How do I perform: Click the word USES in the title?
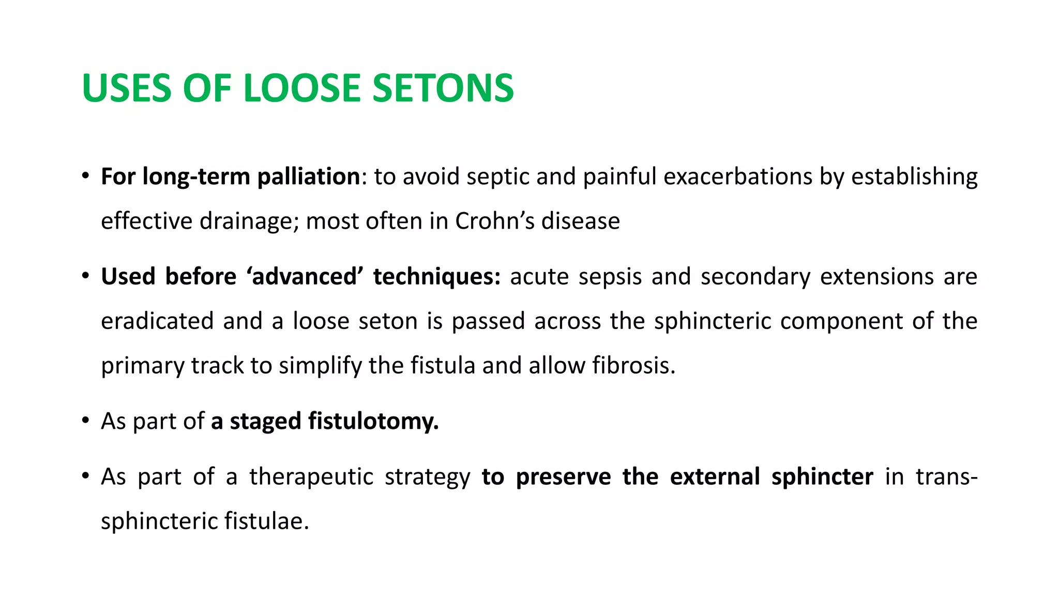pos(126,88)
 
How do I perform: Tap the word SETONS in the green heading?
pos(443,88)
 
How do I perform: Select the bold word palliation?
pos(309,176)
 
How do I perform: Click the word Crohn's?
pos(495,221)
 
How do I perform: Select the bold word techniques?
pos(437,276)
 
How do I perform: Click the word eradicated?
pos(157,321)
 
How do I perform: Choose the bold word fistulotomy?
pos(373,421)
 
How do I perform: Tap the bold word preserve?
pos(564,476)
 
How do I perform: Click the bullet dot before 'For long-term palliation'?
pos(85,176)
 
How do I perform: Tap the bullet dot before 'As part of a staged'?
pos(85,421)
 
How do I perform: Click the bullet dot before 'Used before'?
pos(85,276)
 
